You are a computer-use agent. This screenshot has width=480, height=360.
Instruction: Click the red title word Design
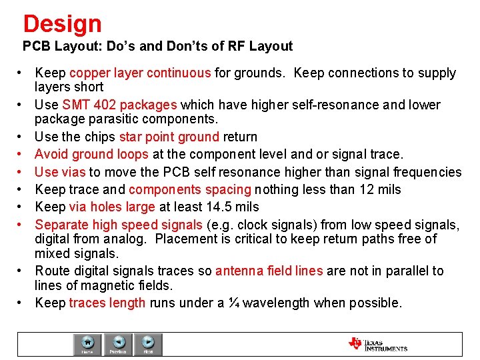(x=62, y=24)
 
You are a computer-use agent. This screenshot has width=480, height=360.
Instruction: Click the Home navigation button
(x=87, y=344)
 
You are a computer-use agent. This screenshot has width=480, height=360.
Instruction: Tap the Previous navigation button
(x=118, y=344)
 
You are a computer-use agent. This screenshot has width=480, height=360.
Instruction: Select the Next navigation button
(x=149, y=344)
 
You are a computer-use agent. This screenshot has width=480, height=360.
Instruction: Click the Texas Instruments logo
(x=377, y=344)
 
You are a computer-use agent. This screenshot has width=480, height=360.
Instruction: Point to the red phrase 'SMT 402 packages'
(x=119, y=105)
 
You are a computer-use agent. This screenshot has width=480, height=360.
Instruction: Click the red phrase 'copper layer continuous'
(x=140, y=73)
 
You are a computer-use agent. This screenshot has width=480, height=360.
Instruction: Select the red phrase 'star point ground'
(x=169, y=137)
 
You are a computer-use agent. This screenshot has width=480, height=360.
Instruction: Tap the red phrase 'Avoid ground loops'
(x=91, y=154)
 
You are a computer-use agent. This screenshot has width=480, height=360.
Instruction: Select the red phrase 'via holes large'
(x=111, y=207)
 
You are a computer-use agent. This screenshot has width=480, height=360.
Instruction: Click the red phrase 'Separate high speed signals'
(x=119, y=224)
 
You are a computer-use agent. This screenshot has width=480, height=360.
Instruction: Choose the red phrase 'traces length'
(x=107, y=303)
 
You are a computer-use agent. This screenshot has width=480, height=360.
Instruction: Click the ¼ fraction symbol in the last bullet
(x=233, y=303)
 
